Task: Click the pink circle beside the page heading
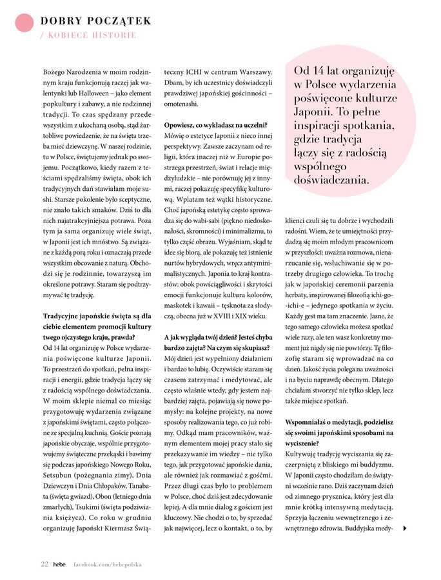(23, 23)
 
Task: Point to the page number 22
(44, 564)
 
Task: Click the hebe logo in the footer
(59, 564)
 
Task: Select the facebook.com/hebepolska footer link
(106, 564)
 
